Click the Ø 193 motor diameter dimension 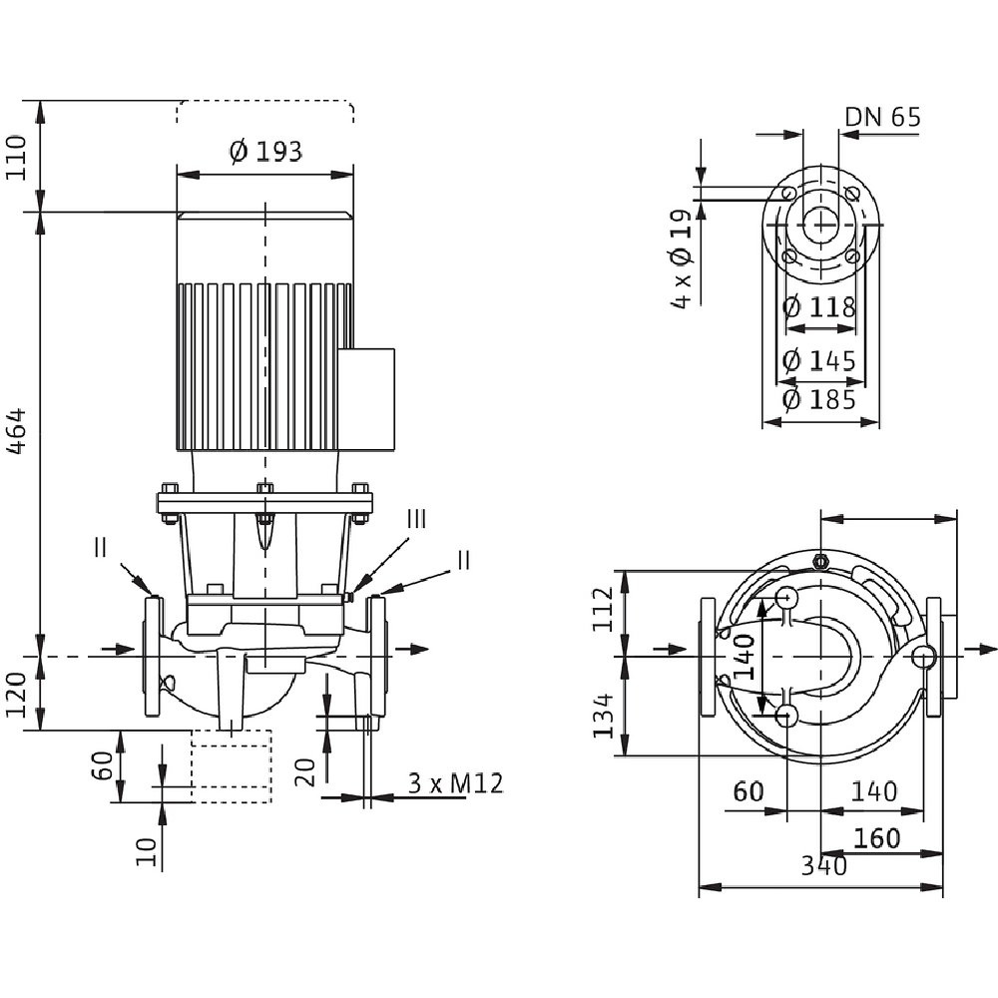tap(264, 152)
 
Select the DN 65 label tap(883, 117)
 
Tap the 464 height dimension tap(17, 431)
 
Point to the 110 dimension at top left tap(17, 157)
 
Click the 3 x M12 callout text tap(455, 783)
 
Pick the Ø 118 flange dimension tap(819, 308)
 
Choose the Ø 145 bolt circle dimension tap(819, 361)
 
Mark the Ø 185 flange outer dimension tap(819, 400)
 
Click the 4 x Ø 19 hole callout tap(681, 258)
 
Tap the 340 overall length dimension tap(823, 865)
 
